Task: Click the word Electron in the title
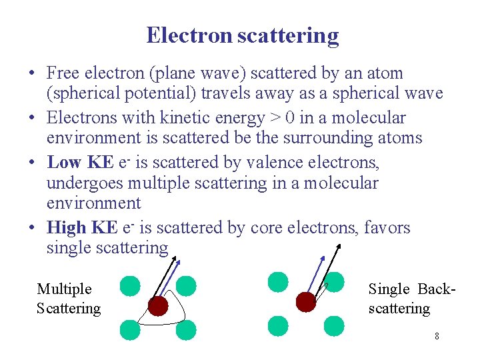(x=189, y=35)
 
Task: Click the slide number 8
(x=437, y=336)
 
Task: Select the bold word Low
(x=64, y=162)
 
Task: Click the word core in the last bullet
(x=266, y=228)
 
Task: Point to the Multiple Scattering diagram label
(x=68, y=299)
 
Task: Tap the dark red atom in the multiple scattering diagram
(x=158, y=306)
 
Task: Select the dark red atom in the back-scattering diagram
(x=305, y=301)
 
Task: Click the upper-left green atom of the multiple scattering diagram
(x=130, y=287)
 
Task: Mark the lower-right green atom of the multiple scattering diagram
(x=186, y=329)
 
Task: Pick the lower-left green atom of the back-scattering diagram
(x=278, y=326)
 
